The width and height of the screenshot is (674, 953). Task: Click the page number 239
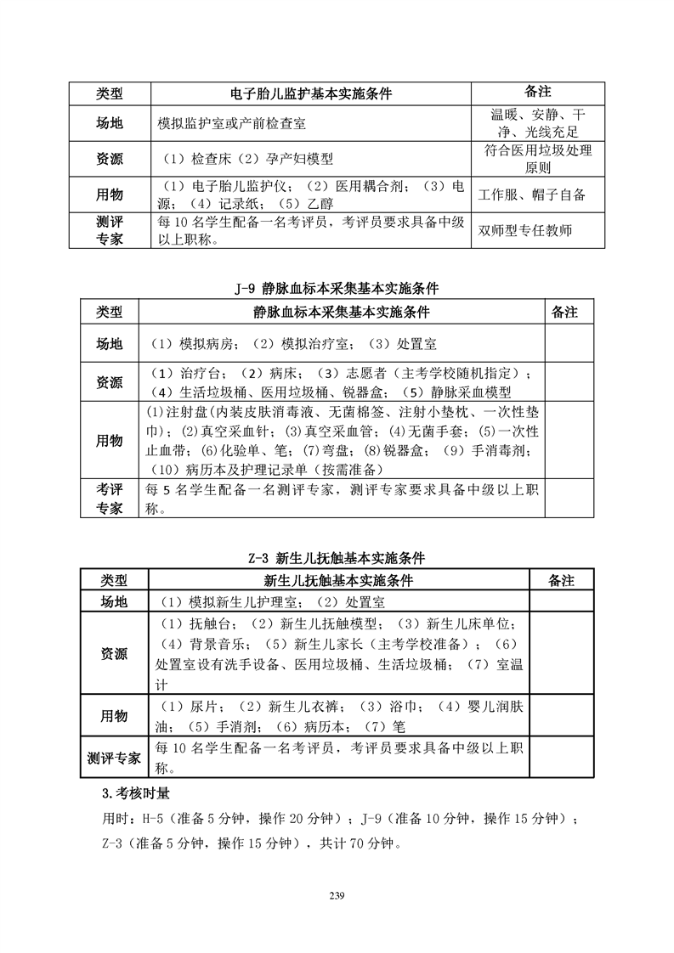[x=337, y=894]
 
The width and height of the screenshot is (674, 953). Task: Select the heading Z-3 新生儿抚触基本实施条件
[x=337, y=558]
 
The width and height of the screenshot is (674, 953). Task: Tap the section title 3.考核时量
[x=135, y=794]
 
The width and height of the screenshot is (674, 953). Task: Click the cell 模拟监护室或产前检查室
[x=232, y=124]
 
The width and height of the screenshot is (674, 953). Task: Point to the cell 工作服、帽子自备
[x=532, y=195]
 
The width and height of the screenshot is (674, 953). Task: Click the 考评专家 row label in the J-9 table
[x=109, y=499]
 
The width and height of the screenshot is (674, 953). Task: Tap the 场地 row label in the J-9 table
[x=109, y=344]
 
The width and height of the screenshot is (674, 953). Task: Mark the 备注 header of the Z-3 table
[x=562, y=580]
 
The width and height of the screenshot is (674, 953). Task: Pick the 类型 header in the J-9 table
[x=109, y=312]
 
